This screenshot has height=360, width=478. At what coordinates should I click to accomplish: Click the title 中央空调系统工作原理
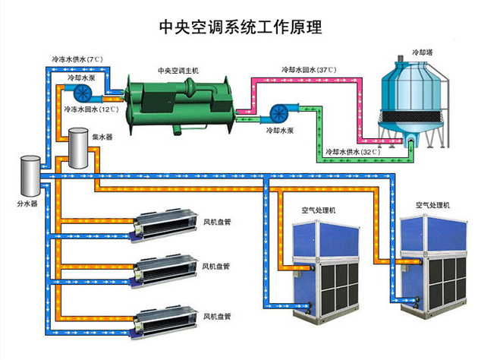(239, 28)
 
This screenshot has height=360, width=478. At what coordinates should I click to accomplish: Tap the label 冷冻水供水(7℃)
(77, 58)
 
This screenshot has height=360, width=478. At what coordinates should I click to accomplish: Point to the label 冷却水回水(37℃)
(308, 71)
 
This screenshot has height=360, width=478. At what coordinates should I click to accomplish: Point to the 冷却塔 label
(421, 53)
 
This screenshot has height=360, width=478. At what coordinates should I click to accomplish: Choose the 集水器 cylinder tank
(78, 148)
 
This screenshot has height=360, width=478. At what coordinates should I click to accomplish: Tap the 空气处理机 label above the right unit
(432, 205)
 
